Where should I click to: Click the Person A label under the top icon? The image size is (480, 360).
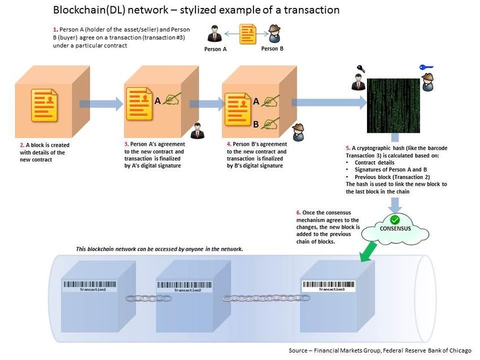click(x=216, y=49)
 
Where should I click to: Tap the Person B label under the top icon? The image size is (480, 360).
click(x=272, y=49)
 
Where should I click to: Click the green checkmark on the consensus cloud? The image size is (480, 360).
click(x=395, y=219)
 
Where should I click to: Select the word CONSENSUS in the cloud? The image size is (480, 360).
click(x=395, y=229)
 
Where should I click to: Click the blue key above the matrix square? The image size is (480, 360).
click(x=426, y=68)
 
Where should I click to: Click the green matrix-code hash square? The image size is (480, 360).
click(x=394, y=106)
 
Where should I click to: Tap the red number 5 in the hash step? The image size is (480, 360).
click(x=347, y=147)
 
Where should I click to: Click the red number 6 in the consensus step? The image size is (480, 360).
click(x=298, y=213)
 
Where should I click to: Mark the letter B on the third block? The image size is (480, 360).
click(x=256, y=124)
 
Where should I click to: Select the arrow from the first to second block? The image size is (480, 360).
click(x=101, y=104)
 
